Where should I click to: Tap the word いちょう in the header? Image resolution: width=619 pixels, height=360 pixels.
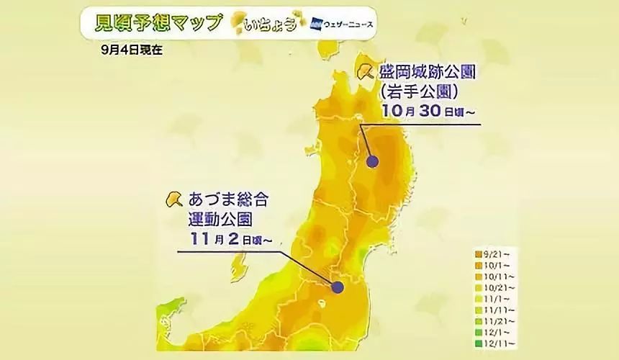point(271,24)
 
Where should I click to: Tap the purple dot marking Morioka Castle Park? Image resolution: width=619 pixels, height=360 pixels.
point(373,161)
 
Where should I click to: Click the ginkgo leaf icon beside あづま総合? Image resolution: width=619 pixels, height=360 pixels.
point(173,198)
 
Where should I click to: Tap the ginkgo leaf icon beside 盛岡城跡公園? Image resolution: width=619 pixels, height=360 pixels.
point(364,71)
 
